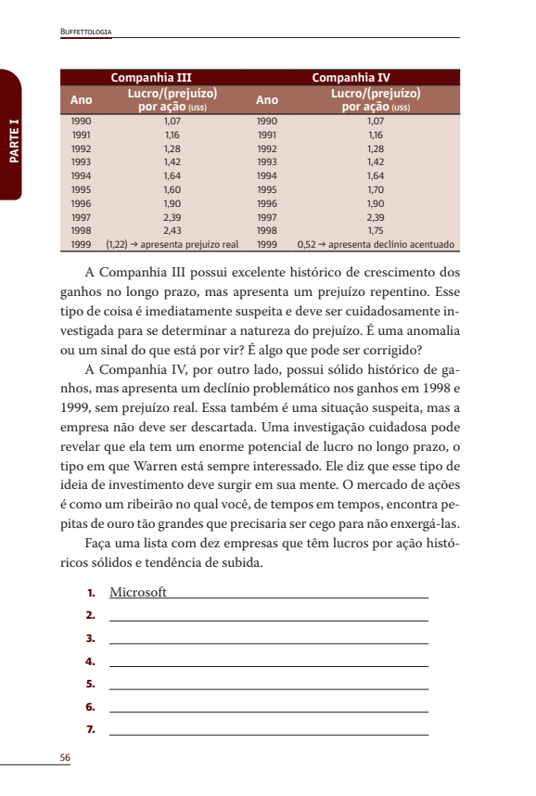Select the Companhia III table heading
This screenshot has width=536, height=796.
click(x=151, y=78)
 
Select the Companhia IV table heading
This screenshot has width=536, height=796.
click(x=351, y=78)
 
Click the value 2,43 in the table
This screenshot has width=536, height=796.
click(x=172, y=230)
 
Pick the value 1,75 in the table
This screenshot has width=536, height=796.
click(x=375, y=230)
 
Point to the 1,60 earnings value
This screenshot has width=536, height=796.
click(x=172, y=189)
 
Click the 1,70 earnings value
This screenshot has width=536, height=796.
click(x=375, y=189)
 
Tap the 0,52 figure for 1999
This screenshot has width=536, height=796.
click(x=306, y=245)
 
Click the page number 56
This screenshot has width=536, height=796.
click(x=65, y=757)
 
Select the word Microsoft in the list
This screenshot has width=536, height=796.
click(x=137, y=592)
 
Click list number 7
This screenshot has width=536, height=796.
click(x=90, y=730)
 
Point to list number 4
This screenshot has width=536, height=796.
click(x=90, y=661)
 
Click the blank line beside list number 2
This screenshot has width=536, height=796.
click(x=269, y=616)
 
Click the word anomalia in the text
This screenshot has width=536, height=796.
click(x=429, y=331)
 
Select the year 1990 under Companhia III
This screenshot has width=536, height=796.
click(x=82, y=121)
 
